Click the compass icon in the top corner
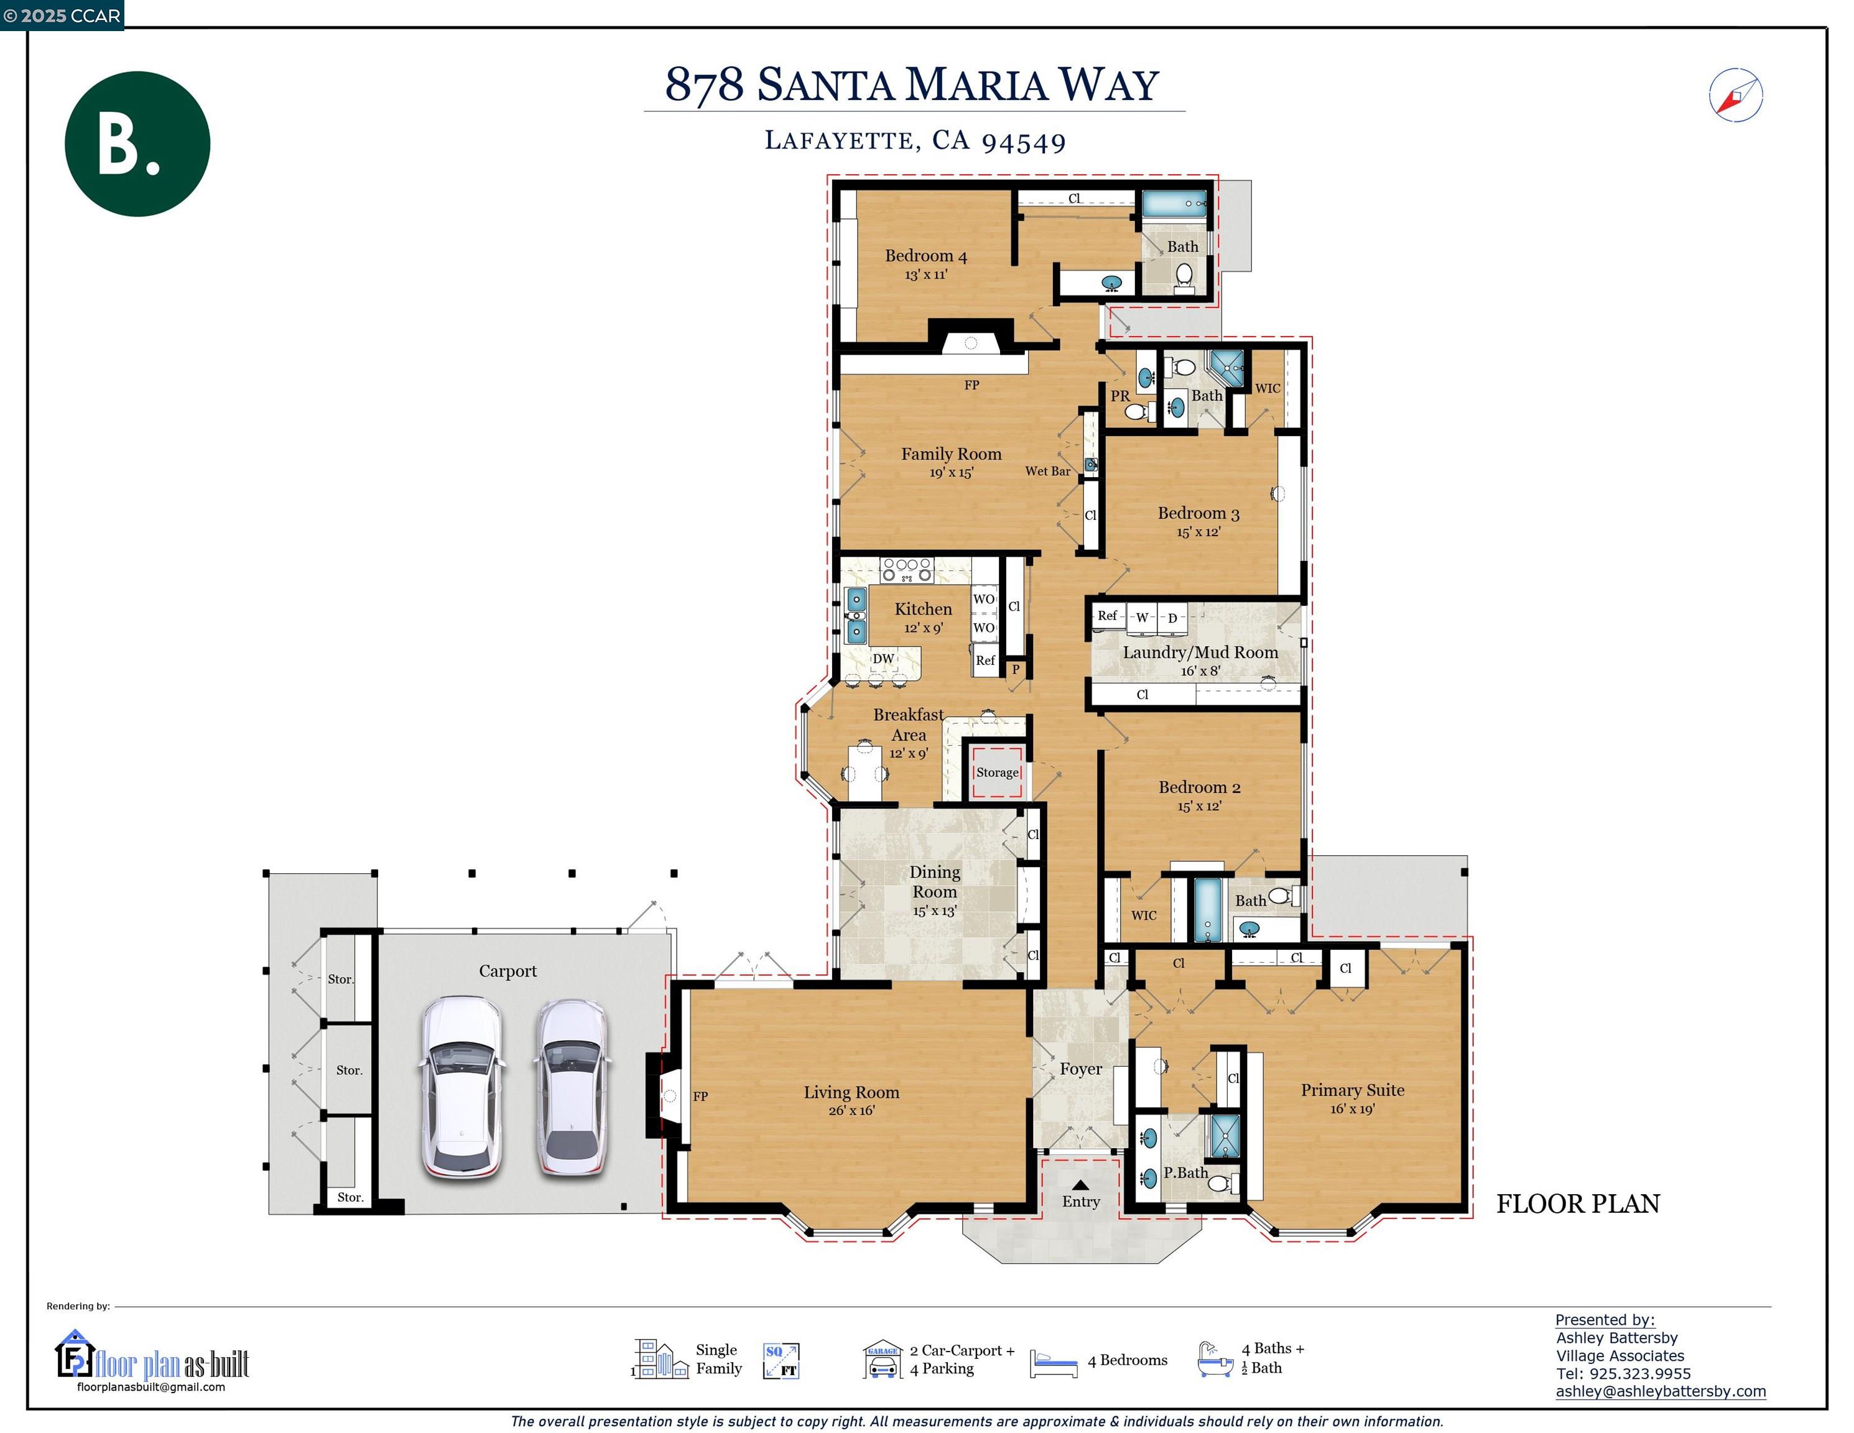[x=1735, y=95]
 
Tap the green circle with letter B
[x=137, y=144]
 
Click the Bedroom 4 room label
[x=925, y=256]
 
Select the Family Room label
[x=951, y=454]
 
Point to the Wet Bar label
[x=1047, y=471]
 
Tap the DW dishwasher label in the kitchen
[x=884, y=659]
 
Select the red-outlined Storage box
[x=996, y=772]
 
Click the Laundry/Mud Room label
[x=1200, y=652]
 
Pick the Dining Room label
[x=935, y=882]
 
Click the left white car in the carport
[x=462, y=1088]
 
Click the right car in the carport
[x=572, y=1088]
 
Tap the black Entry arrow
[x=1080, y=1185]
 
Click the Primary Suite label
[x=1352, y=1090]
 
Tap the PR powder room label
[x=1119, y=396]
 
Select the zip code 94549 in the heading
[x=1023, y=142]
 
